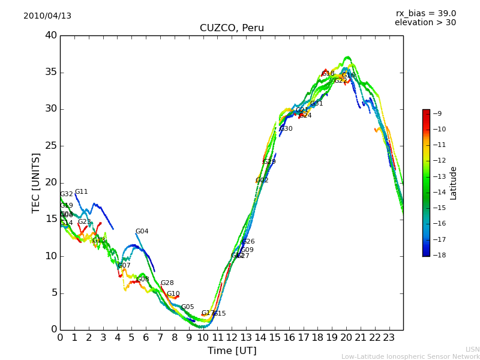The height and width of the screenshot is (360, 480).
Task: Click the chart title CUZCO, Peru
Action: [x=232, y=28]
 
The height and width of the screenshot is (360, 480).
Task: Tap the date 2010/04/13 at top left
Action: [x=47, y=16]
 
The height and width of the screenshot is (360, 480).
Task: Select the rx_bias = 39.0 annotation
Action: [x=425, y=13]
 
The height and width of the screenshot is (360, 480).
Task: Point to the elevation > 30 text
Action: [x=425, y=23]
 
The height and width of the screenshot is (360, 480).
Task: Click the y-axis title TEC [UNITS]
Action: [x=37, y=182]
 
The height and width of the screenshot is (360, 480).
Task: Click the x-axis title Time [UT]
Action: [x=232, y=351]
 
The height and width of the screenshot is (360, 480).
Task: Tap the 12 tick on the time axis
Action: [x=232, y=337]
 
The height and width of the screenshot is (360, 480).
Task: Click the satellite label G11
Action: [x=82, y=192]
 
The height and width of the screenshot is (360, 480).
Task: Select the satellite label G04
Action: [x=142, y=232]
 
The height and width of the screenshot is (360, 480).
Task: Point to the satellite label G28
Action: [x=167, y=283]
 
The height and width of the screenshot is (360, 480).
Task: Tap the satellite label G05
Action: [x=188, y=307]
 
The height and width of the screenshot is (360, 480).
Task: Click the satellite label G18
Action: [x=328, y=74]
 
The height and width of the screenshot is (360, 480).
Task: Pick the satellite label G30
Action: [x=286, y=129]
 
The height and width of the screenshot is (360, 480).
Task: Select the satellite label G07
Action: [x=124, y=266]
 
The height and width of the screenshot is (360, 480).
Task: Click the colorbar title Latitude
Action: [x=454, y=183]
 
